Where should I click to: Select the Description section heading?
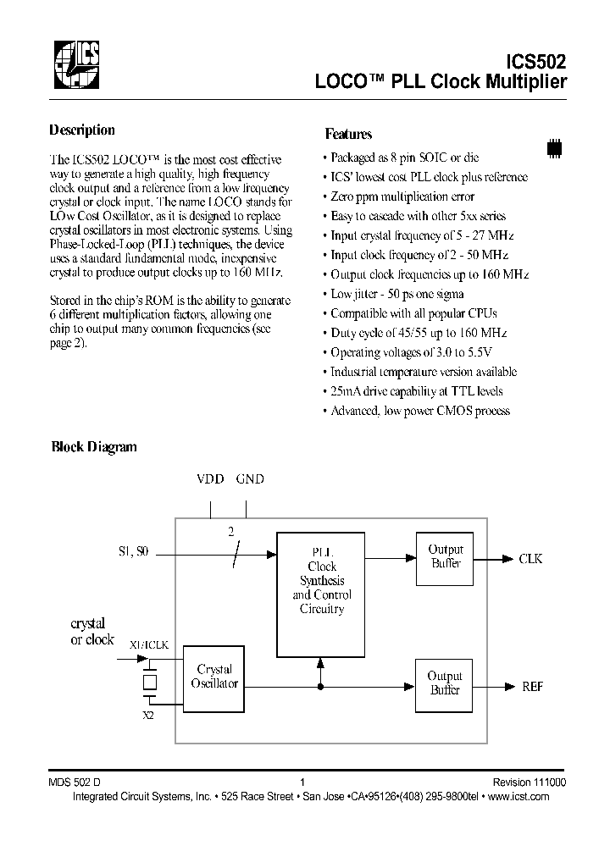pyautogui.click(x=82, y=130)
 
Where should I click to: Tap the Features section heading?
pyautogui.click(x=348, y=134)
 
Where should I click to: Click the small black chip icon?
pyautogui.click(x=555, y=147)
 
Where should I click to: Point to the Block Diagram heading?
pyautogui.click(x=94, y=447)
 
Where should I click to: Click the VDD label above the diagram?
pyautogui.click(x=210, y=479)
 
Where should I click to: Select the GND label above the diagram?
pyautogui.click(x=250, y=479)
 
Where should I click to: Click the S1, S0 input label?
pyautogui.click(x=133, y=552)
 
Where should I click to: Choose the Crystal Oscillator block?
pyautogui.click(x=215, y=677)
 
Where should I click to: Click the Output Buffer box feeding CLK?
pyautogui.click(x=444, y=558)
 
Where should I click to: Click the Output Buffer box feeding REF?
pyautogui.click(x=444, y=683)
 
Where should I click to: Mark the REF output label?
pyautogui.click(x=532, y=686)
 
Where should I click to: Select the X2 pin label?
pyautogui.click(x=149, y=716)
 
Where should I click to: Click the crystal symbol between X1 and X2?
pyautogui.click(x=150, y=682)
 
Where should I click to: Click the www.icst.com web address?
pyautogui.click(x=519, y=797)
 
